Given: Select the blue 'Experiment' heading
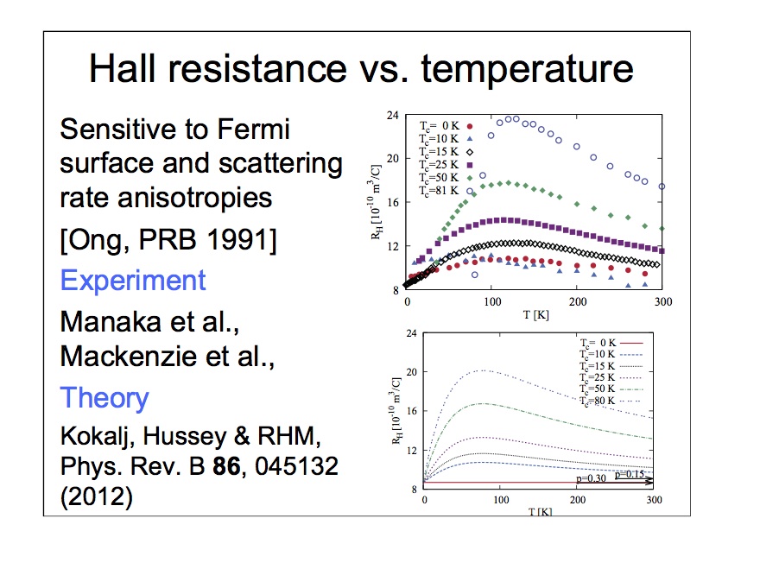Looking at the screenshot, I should tap(133, 281).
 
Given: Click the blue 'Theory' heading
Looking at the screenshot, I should tap(104, 398).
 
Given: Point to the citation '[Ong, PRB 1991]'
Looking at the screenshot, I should tap(168, 242).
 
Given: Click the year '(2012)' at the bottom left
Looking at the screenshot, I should tap(97, 498).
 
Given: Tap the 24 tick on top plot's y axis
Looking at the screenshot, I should tap(392, 115).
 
